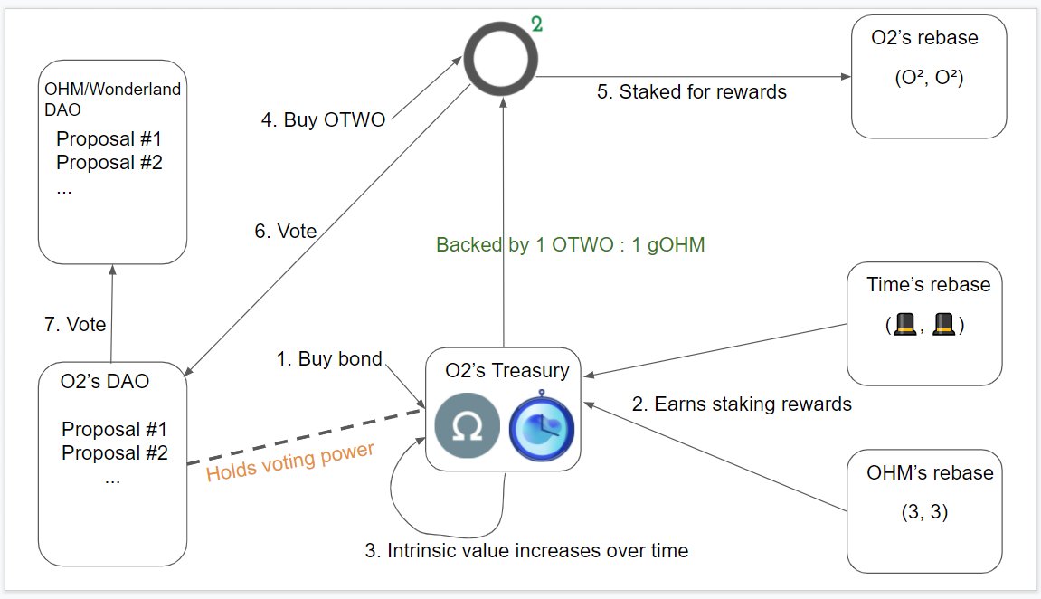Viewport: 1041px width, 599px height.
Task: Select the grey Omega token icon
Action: pyautogui.click(x=465, y=428)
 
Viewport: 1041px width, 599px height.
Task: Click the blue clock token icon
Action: pyautogui.click(x=541, y=427)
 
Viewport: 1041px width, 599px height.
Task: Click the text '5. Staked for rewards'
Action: pyautogui.click(x=691, y=91)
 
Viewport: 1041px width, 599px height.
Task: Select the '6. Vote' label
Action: pyautogui.click(x=286, y=232)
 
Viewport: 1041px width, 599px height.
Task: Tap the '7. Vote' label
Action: pyautogui.click(x=75, y=324)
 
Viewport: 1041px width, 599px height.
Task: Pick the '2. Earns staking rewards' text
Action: pyautogui.click(x=742, y=404)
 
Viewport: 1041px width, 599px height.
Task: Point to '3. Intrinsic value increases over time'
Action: pyautogui.click(x=526, y=550)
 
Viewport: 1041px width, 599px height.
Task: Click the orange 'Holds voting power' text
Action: pyautogui.click(x=290, y=461)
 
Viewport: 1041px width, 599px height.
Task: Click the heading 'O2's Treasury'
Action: pyautogui.click(x=507, y=370)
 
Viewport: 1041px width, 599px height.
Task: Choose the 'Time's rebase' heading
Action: pyautogui.click(x=928, y=285)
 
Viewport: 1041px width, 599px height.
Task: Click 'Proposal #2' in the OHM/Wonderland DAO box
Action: pyautogui.click(x=109, y=163)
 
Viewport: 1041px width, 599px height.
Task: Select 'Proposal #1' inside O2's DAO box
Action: pyautogui.click(x=115, y=429)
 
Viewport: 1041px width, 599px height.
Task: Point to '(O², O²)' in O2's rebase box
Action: pyautogui.click(x=928, y=78)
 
